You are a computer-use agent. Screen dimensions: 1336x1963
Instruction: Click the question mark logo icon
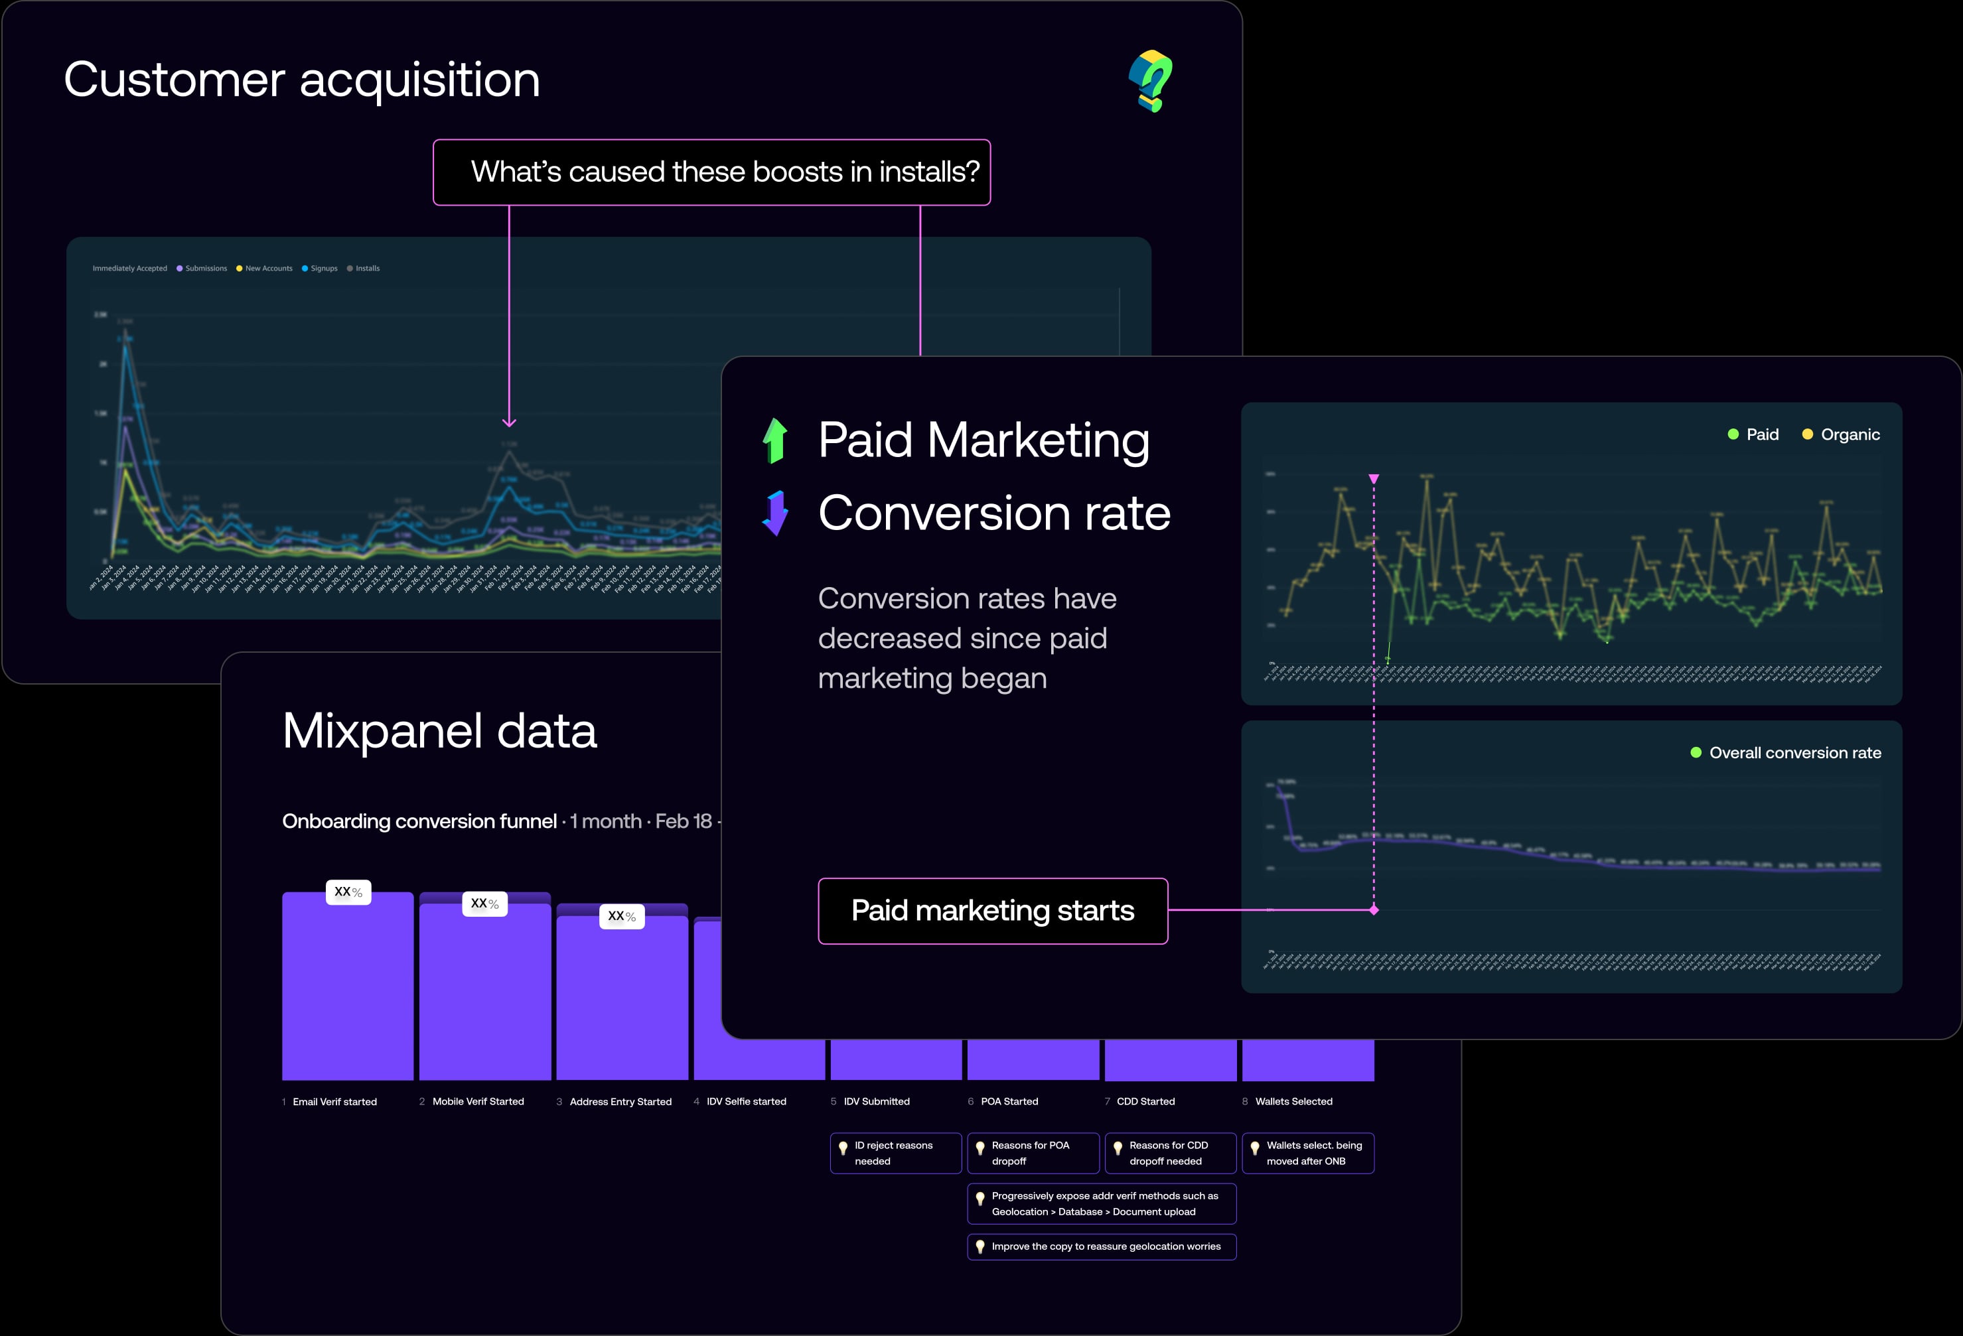click(x=1151, y=81)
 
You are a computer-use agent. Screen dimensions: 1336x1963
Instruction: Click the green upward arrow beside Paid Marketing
click(x=774, y=441)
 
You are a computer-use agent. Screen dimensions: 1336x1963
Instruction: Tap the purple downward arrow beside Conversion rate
click(x=774, y=513)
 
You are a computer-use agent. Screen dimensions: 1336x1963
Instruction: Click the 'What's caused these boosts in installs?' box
click(x=711, y=172)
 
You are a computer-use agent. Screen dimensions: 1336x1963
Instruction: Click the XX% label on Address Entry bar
click(x=622, y=916)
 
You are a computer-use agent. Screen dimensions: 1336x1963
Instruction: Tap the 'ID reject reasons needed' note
click(x=895, y=1154)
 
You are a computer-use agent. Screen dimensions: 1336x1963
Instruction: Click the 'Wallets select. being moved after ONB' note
click(x=1307, y=1154)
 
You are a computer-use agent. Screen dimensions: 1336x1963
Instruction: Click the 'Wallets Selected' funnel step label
click(x=1293, y=1102)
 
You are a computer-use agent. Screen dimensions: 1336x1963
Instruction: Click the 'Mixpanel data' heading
click(x=439, y=731)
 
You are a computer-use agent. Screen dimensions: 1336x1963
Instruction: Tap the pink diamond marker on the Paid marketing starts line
click(x=1374, y=910)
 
